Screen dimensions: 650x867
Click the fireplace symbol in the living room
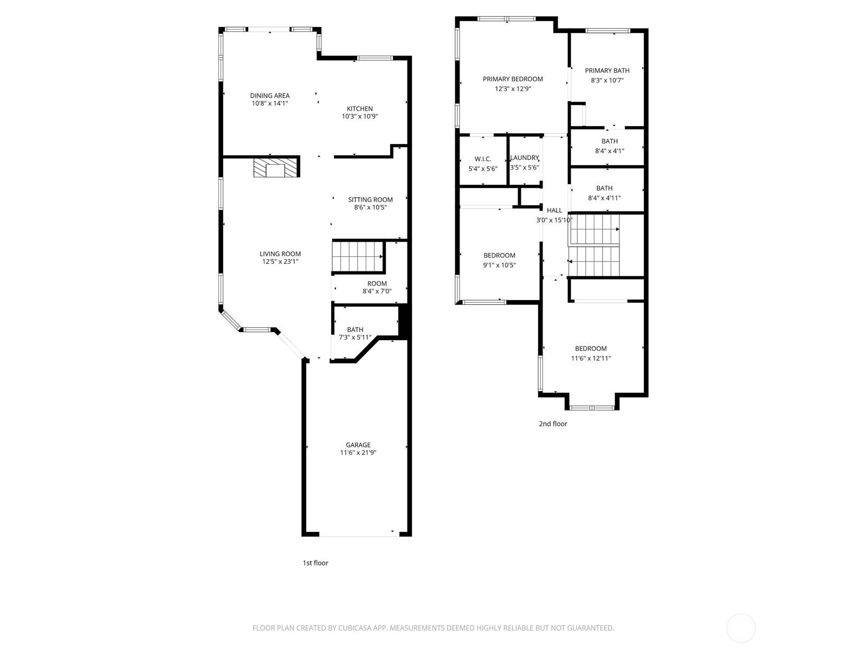276,167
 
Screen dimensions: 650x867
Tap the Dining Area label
269,96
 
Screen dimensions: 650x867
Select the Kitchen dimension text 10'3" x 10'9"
359,116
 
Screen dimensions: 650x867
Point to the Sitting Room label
370,199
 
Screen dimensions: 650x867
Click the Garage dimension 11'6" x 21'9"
358,453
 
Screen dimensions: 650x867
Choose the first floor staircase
358,256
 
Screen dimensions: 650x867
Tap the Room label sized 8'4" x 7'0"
377,283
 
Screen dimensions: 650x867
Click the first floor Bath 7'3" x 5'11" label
355,329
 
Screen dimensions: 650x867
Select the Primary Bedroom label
513,79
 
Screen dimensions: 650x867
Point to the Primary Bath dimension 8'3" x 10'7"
607,80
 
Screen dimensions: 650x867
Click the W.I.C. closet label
483,159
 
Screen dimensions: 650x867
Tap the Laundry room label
525,158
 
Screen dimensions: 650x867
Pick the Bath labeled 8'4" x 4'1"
609,141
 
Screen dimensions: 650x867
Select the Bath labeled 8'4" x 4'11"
604,188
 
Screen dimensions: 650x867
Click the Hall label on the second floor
554,210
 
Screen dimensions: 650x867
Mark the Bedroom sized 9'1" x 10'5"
499,256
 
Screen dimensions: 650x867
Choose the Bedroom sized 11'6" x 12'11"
591,348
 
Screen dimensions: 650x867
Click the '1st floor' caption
315,563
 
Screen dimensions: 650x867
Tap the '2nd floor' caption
553,424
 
